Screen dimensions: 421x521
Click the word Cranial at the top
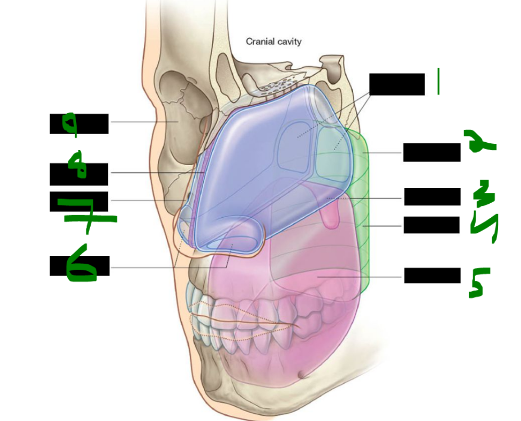coord(259,41)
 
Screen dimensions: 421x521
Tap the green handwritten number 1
coord(439,82)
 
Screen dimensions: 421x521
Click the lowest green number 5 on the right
coord(479,283)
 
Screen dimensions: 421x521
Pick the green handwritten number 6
coord(81,266)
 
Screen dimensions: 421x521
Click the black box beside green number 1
coord(397,84)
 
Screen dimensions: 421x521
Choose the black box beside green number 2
coord(431,152)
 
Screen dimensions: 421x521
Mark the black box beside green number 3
coord(432,196)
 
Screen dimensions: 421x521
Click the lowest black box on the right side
coord(432,275)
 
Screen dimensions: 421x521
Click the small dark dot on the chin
coord(301,375)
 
